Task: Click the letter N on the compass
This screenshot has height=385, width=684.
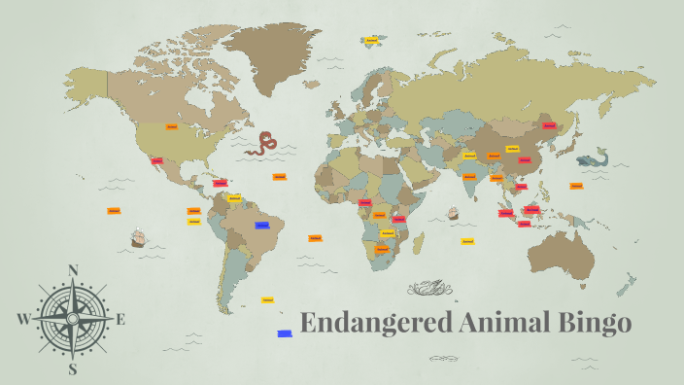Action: click(x=73, y=271)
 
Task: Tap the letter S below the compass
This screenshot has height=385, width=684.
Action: click(x=72, y=368)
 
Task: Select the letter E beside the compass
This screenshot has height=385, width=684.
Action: click(x=120, y=319)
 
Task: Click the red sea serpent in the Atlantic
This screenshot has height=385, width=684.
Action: click(x=261, y=145)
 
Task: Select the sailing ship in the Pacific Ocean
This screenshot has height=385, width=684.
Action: click(x=138, y=236)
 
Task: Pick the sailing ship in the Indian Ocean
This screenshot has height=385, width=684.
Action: click(x=452, y=213)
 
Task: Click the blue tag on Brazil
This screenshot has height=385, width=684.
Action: click(x=262, y=225)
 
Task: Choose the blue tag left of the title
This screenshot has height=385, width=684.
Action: click(x=285, y=333)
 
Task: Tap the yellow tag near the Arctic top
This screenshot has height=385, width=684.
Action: click(x=370, y=40)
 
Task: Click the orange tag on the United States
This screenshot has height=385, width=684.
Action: click(x=171, y=126)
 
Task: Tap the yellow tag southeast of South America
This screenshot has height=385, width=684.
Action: click(x=267, y=300)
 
